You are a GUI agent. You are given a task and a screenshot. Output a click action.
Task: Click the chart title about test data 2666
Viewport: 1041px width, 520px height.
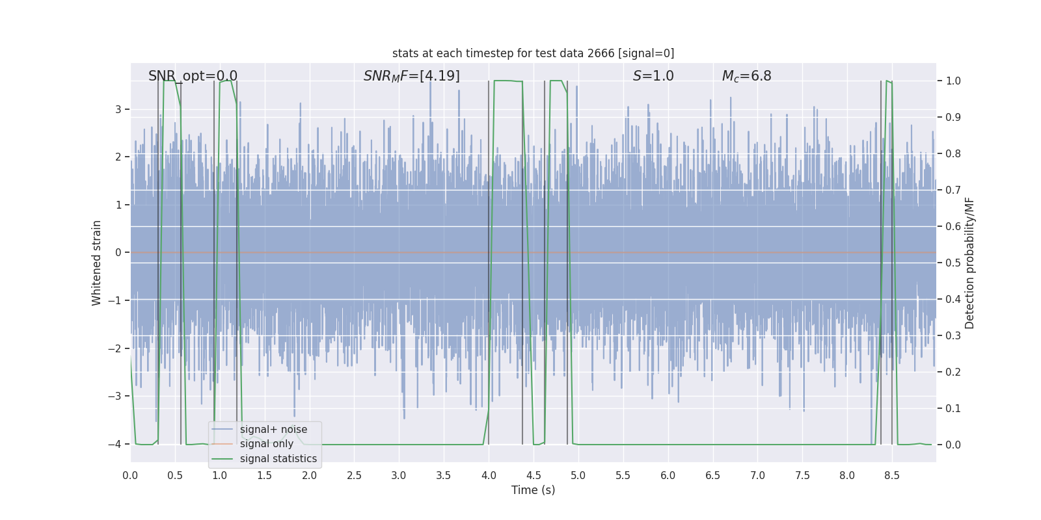tap(533, 53)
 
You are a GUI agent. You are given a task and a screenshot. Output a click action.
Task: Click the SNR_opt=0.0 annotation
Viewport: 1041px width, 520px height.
tap(193, 76)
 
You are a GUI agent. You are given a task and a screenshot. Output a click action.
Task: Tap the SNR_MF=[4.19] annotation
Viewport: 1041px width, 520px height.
tap(411, 76)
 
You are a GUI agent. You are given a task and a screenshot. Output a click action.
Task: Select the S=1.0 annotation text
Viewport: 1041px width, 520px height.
tap(653, 76)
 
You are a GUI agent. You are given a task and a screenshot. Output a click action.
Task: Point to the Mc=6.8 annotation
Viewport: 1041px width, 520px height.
tap(746, 76)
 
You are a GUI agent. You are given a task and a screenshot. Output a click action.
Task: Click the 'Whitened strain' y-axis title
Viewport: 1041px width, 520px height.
tap(97, 263)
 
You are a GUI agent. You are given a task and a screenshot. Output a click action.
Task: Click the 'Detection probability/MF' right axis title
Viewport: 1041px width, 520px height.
tap(969, 263)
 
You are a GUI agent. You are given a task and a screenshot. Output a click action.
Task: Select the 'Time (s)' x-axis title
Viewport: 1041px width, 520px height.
tap(533, 490)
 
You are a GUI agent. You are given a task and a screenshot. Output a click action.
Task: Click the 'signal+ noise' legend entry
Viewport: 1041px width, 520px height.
tap(273, 430)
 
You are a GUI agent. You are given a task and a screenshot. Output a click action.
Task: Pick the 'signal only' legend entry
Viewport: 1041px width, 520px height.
tap(267, 444)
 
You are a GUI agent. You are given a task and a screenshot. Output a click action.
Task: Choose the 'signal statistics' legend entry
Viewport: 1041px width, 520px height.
tap(278, 459)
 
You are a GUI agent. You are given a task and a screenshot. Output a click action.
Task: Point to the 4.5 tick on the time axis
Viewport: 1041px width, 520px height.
tap(534, 475)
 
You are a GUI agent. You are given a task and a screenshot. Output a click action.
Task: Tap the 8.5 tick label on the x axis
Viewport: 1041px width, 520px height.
tap(892, 475)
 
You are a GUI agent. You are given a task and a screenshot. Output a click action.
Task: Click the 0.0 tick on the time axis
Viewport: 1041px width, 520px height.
tap(130, 475)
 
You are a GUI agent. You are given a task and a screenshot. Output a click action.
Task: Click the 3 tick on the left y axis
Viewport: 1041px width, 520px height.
tap(118, 109)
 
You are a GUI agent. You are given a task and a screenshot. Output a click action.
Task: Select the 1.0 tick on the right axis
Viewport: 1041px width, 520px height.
tap(953, 81)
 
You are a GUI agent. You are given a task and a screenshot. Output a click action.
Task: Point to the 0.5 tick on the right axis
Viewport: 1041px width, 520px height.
tap(953, 263)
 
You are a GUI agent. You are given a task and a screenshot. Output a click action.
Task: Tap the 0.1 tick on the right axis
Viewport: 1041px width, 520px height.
tap(953, 409)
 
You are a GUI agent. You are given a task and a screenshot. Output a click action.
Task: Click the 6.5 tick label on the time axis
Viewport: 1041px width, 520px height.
tap(712, 475)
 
